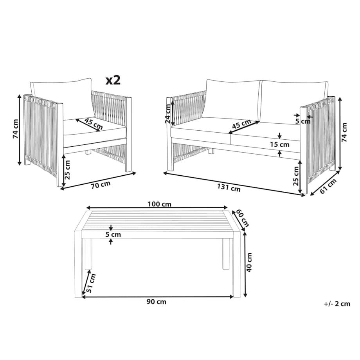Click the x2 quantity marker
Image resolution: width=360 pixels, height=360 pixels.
click(113, 80)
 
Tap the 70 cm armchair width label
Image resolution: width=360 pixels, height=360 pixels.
click(101, 185)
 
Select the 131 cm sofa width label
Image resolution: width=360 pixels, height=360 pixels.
click(229, 188)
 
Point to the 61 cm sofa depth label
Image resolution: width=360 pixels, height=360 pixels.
click(328, 186)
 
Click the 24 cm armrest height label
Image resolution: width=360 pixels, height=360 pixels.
click(168, 113)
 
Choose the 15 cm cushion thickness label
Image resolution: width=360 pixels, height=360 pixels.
click(279, 144)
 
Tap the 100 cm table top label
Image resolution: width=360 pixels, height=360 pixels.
click(159, 204)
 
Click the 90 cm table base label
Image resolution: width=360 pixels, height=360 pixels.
click(157, 302)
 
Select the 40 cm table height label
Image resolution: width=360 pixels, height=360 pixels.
click(249, 262)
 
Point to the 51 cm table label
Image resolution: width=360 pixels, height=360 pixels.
click(91, 283)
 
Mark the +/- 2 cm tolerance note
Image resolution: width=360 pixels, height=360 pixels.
click(337, 304)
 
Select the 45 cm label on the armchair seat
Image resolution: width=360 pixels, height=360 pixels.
click(94, 124)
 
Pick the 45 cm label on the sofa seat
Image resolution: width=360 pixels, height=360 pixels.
click(241, 124)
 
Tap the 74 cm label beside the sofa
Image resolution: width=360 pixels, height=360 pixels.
click(344, 132)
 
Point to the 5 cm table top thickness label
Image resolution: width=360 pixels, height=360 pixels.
click(113, 234)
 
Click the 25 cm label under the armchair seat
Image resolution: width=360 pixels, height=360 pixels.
click(67, 170)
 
